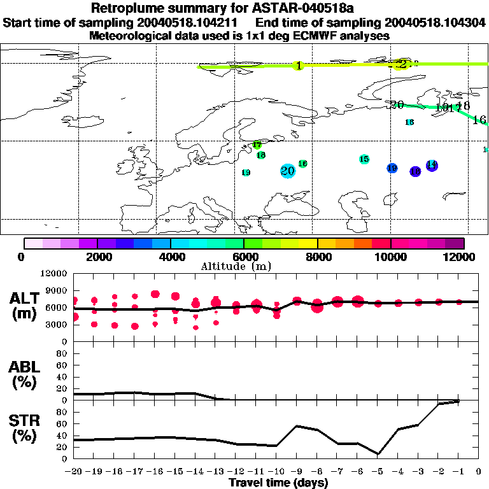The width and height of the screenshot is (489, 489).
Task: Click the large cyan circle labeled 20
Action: click(288, 171)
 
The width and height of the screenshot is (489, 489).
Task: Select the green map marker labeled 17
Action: click(257, 145)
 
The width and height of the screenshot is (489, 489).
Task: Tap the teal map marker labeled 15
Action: click(364, 159)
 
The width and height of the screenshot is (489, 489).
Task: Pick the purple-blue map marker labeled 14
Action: click(432, 165)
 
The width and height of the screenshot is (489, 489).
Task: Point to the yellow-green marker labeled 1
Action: click(298, 66)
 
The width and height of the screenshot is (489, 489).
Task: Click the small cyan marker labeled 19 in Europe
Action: click(246, 173)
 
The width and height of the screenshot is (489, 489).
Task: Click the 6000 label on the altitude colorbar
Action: click(244, 257)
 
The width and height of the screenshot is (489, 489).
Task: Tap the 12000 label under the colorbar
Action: click(461, 257)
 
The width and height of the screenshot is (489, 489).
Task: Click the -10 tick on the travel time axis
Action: click(276, 472)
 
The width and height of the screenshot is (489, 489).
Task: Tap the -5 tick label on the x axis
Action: click(378, 472)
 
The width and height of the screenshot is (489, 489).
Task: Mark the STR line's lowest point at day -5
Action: click(378, 454)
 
